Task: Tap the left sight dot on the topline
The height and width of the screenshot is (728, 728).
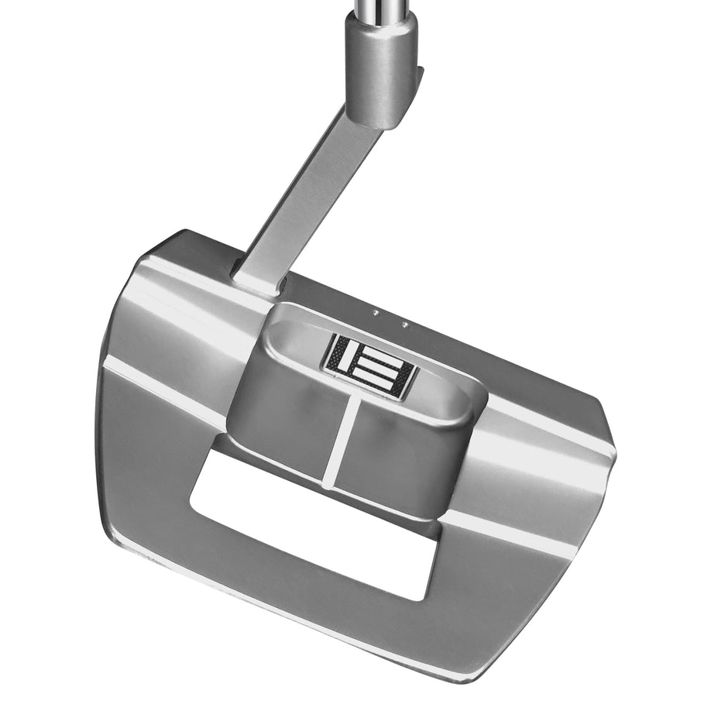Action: pyautogui.click(x=376, y=314)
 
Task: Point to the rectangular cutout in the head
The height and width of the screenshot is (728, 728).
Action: pyautogui.click(x=310, y=527)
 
